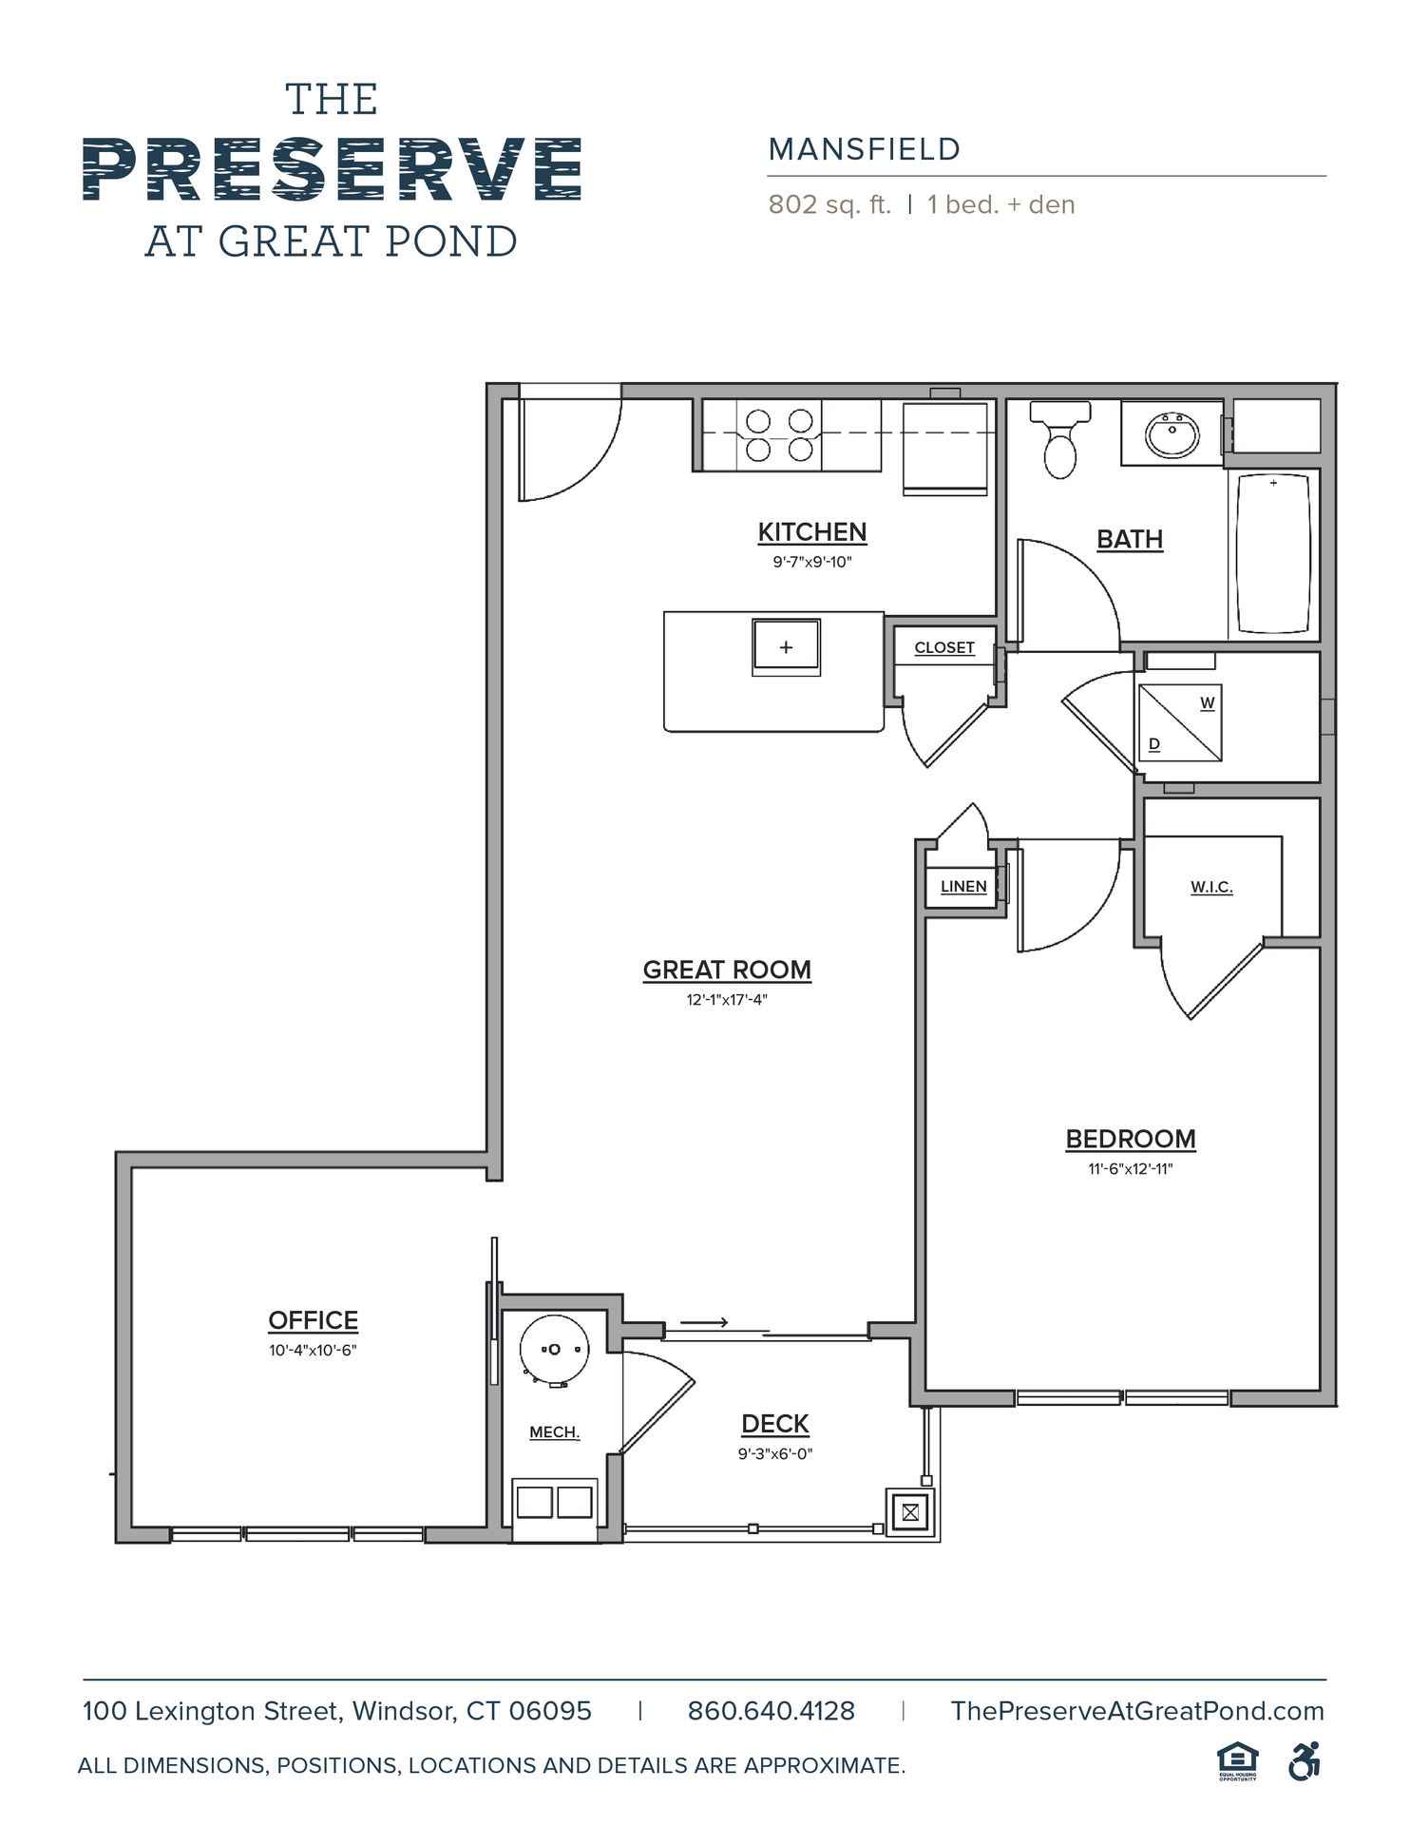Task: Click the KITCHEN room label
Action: pos(812,532)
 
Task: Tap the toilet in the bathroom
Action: pos(1060,438)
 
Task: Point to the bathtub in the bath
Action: pos(1273,554)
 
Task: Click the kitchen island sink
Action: pos(786,647)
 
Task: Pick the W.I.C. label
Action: pos(1211,887)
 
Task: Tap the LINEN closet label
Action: pos(963,886)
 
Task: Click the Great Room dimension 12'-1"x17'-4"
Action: pos(727,999)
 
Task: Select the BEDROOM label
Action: pos(1131,1139)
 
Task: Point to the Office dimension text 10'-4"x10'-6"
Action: pos(313,1350)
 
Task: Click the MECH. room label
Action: pos(555,1432)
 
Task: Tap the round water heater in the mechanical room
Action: pos(555,1349)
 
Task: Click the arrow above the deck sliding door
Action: pos(704,1322)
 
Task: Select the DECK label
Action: pos(775,1424)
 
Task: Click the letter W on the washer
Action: pos(1207,703)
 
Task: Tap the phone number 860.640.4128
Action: pos(772,1712)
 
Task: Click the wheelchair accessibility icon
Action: pos(1305,1760)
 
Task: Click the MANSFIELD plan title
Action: pos(865,149)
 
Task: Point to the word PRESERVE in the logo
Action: pos(333,168)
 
